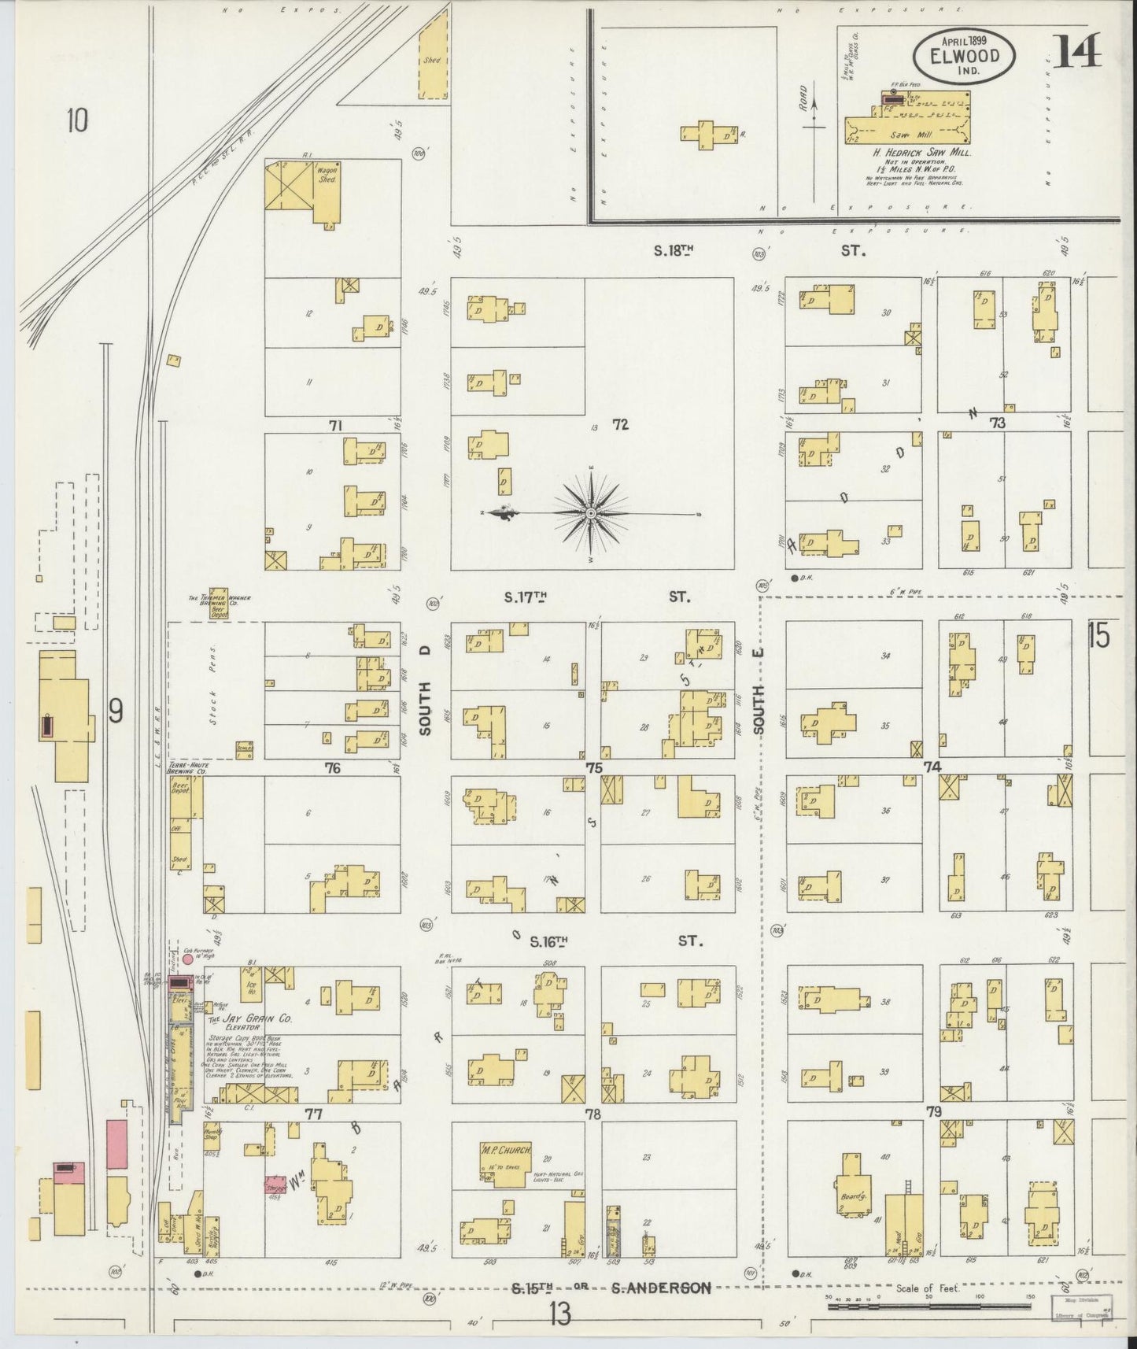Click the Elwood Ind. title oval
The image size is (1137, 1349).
(x=963, y=56)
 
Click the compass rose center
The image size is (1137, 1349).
(x=590, y=513)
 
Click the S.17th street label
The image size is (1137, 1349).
(x=525, y=597)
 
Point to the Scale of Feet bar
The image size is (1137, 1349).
(x=928, y=1305)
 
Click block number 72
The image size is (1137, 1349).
(x=620, y=425)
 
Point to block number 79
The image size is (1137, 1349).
(x=934, y=1112)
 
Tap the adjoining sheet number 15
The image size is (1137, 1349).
(x=1098, y=635)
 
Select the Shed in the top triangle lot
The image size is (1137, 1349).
(x=431, y=59)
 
